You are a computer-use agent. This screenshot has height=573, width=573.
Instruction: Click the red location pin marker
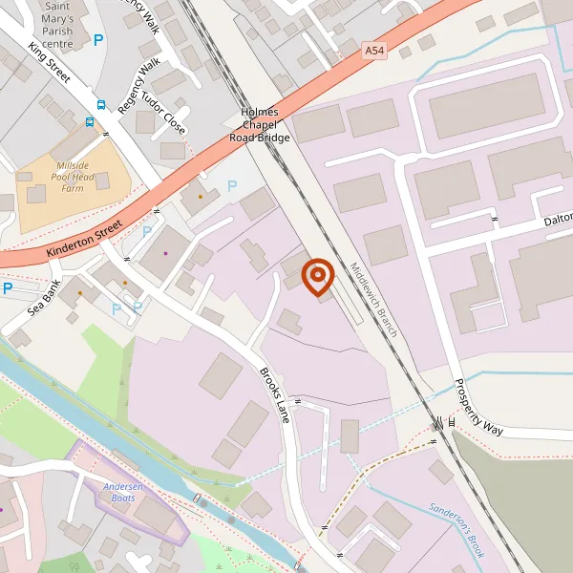(x=317, y=277)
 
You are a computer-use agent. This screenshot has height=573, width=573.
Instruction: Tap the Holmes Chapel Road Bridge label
(x=258, y=125)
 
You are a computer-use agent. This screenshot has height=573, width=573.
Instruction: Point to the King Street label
(x=50, y=61)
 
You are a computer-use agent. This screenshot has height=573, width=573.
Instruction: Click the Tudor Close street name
(x=163, y=112)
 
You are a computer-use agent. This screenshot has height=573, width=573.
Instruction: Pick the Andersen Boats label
(x=122, y=491)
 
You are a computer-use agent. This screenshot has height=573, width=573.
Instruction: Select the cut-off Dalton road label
(x=556, y=221)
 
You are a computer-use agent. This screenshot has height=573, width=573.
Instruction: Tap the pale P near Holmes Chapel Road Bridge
(x=231, y=186)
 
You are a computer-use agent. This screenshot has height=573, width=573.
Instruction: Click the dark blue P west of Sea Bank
(x=7, y=288)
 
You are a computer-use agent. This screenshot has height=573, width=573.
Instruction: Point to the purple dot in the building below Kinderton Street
(x=165, y=253)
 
